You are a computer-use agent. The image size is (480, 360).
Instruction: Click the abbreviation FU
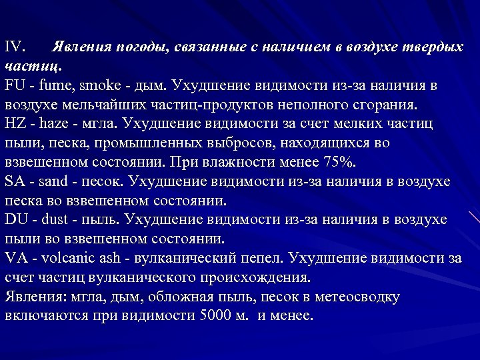(x=15, y=86)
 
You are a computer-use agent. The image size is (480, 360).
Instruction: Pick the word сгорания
(x=385, y=105)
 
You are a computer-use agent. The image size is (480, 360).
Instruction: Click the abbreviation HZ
(x=16, y=124)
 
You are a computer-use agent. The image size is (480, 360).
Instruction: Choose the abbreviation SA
(x=15, y=181)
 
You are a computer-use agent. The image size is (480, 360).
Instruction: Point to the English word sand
(x=54, y=181)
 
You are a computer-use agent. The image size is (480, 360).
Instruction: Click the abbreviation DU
(x=16, y=220)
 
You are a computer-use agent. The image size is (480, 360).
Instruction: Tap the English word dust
(x=55, y=220)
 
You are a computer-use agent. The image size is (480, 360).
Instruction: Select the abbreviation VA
(x=16, y=258)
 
